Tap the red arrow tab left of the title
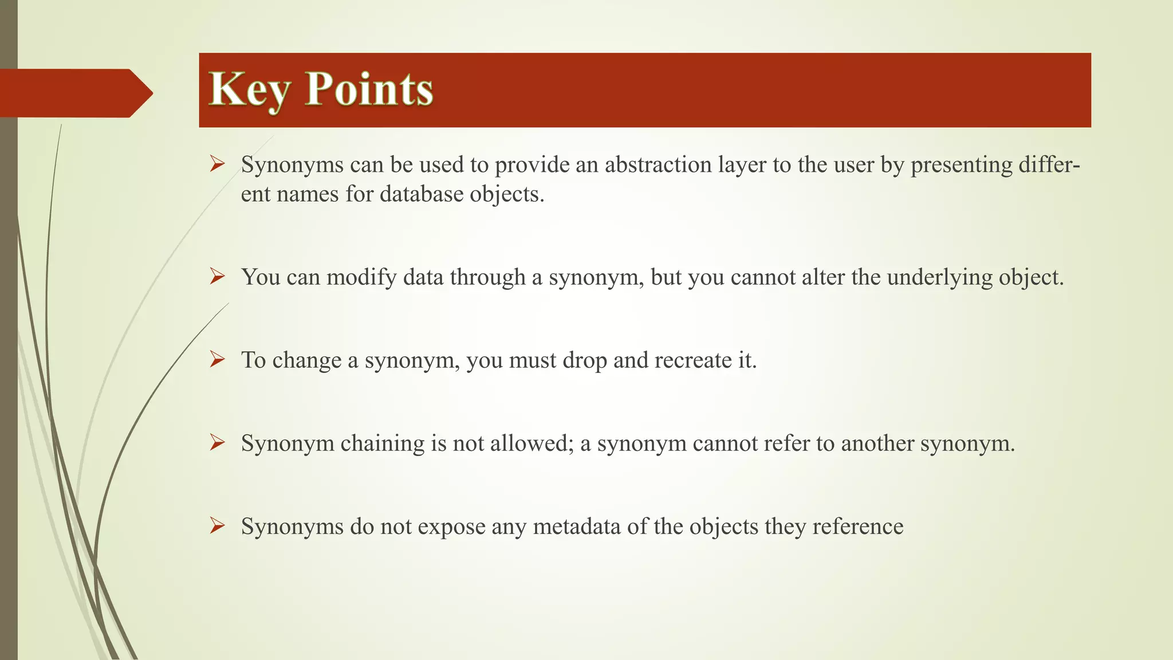click(x=74, y=93)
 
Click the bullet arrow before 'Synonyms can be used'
click(x=217, y=164)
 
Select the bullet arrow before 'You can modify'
click(x=217, y=277)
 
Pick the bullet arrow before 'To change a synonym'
click(x=217, y=360)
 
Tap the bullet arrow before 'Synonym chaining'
click(x=217, y=443)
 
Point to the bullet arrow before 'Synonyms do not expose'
click(x=217, y=526)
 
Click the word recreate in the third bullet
click(x=692, y=360)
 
